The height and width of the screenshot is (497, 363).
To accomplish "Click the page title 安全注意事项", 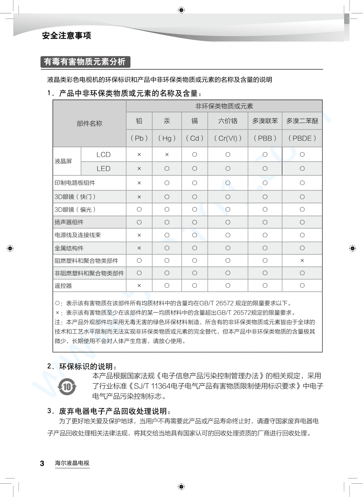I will click(x=67, y=36).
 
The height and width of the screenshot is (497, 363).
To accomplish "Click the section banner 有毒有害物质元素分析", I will click(x=85, y=62).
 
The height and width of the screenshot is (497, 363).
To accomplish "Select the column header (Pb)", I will click(x=139, y=138).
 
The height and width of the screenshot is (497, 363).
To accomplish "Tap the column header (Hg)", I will click(x=167, y=138).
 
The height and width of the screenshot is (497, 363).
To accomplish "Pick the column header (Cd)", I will click(x=195, y=138).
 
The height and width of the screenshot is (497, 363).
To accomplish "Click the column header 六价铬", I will click(x=228, y=121).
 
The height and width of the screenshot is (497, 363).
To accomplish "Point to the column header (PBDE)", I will click(x=302, y=138).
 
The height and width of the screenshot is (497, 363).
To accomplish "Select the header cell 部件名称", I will click(x=89, y=123).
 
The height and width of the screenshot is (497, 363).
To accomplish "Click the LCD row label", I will click(x=103, y=154).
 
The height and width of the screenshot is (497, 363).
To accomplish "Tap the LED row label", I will click(x=103, y=168).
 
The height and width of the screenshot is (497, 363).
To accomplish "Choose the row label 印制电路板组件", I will click(x=75, y=183).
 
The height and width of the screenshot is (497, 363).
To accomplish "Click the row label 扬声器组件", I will click(x=69, y=222).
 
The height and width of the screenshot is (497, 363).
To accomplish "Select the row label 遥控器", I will click(x=63, y=286).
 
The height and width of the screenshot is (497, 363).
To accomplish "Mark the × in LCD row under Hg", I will click(x=167, y=154).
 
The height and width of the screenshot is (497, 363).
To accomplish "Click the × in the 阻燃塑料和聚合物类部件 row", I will click(x=302, y=260).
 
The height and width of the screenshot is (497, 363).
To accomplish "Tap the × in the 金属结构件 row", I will click(x=139, y=248).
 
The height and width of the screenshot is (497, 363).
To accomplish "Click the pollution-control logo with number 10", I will click(x=67, y=386).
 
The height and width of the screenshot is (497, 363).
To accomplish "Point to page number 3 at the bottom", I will click(x=42, y=463).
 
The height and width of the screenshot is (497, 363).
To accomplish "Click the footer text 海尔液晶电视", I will click(x=72, y=463).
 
